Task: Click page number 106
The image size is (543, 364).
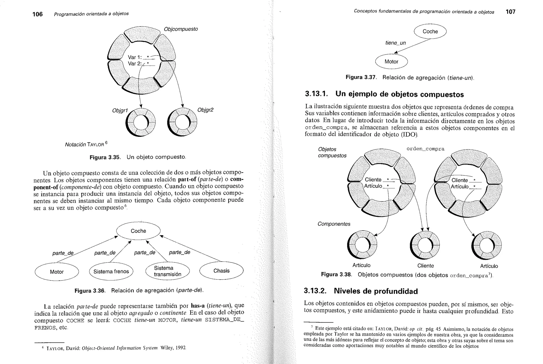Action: pyautogui.click(x=37, y=14)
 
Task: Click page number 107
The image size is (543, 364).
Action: pyautogui.click(x=510, y=12)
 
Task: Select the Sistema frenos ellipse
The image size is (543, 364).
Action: pyautogui.click(x=111, y=271)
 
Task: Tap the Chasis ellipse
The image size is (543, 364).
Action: pyautogui.click(x=221, y=271)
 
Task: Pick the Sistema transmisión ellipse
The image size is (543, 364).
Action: pyautogui.click(x=168, y=271)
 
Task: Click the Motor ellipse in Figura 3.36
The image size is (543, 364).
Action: pyautogui.click(x=57, y=272)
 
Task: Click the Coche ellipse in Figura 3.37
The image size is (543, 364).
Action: pyautogui.click(x=430, y=31)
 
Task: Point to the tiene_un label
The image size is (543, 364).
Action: pyautogui.click(x=395, y=43)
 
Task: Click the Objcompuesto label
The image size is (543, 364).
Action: pyautogui.click(x=181, y=29)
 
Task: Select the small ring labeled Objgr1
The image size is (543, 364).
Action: pyautogui.click(x=141, y=123)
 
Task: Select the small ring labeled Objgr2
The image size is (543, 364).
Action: pyautogui.click(x=182, y=122)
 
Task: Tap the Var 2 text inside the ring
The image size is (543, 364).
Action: pyautogui.click(x=135, y=64)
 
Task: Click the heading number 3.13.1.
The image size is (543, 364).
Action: pyautogui.click(x=316, y=94)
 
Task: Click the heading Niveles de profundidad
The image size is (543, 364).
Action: pyautogui.click(x=375, y=291)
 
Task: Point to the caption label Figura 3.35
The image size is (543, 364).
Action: pyautogui.click(x=105, y=157)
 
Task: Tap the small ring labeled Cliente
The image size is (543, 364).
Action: pyautogui.click(x=425, y=245)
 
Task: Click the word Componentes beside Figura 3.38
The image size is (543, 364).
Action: pyautogui.click(x=334, y=224)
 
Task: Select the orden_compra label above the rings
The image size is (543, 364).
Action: pyautogui.click(x=425, y=149)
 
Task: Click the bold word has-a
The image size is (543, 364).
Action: pyautogui.click(x=198, y=305)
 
